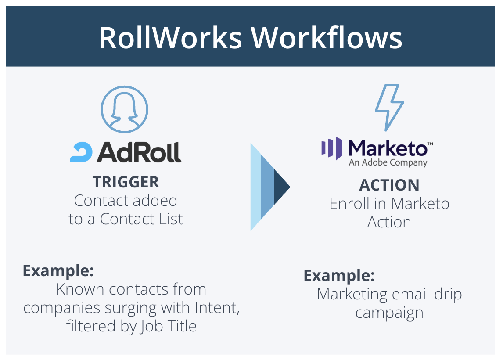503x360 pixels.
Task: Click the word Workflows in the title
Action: pos(327,38)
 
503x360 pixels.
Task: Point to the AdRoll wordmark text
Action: pos(139,152)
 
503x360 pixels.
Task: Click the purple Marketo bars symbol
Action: pos(332,148)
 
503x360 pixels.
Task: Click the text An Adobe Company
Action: pos(388,163)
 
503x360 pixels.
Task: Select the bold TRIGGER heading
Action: pos(126,182)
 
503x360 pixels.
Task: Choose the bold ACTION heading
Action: pos(389,185)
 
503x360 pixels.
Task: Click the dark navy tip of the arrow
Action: pos(281,187)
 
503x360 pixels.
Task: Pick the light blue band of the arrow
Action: pos(255,187)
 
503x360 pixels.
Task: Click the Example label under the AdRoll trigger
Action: pos(58,270)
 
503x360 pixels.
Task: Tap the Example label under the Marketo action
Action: pos(339,276)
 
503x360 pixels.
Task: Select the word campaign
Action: pos(389,313)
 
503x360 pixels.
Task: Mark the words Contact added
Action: pos(126,200)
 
